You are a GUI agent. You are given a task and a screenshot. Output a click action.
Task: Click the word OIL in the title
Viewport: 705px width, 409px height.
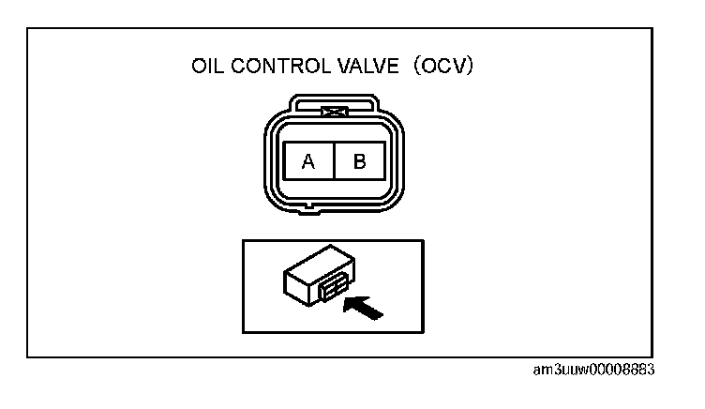207,68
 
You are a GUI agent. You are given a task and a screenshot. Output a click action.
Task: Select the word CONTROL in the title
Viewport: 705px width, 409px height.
272,68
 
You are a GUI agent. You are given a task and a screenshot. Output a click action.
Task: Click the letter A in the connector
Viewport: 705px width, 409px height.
307,161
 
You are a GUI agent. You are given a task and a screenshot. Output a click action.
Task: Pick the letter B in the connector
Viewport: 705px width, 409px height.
359,161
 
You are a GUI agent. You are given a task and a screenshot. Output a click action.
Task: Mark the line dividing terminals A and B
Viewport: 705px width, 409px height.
334,161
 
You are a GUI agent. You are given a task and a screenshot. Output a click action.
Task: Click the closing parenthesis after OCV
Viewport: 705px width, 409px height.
475,68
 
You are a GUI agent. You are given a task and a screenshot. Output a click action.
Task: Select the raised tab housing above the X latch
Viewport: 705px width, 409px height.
334,104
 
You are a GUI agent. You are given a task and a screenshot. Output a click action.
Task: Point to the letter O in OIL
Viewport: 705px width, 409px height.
198,68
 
